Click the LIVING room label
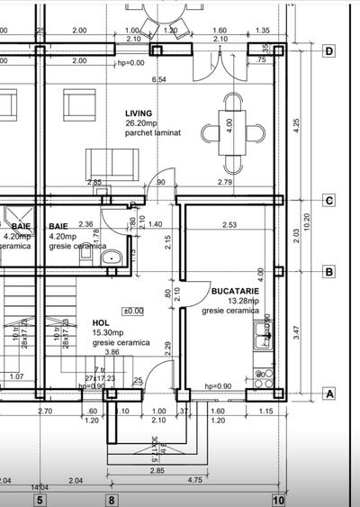click(139, 113)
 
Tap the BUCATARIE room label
click(236, 292)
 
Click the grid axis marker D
click(329, 51)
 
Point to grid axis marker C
click(329, 201)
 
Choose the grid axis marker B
click(329, 271)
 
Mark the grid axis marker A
click(329, 394)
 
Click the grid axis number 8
click(112, 499)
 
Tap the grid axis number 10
click(278, 499)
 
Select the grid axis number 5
click(40, 499)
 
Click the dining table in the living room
click(233, 132)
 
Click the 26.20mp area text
click(142, 122)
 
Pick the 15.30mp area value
click(109, 332)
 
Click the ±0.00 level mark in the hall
click(132, 311)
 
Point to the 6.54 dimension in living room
click(159, 80)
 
